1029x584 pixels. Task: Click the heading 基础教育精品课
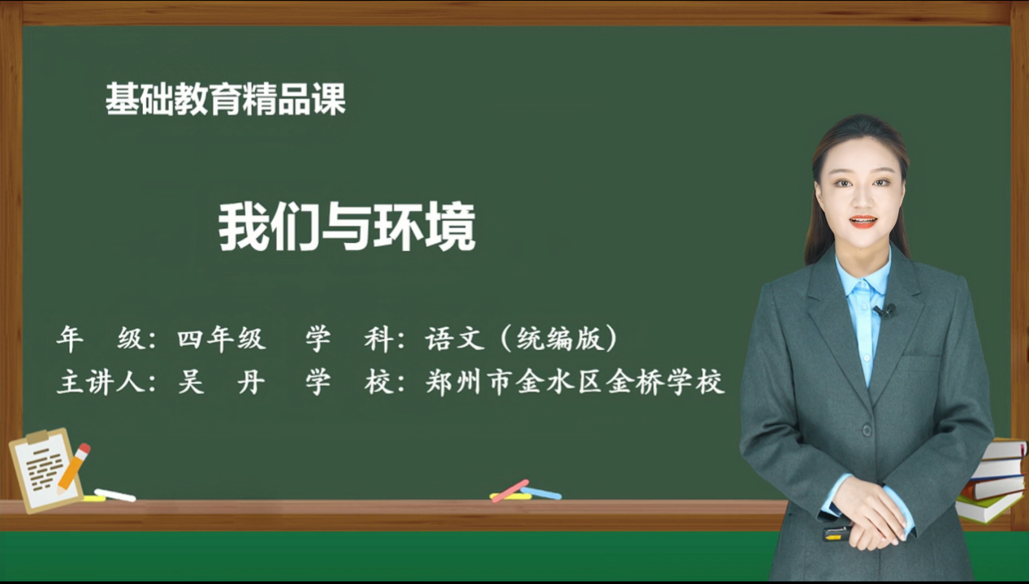[x=226, y=99]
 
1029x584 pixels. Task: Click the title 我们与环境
[x=347, y=227]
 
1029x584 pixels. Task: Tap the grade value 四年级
[x=222, y=339]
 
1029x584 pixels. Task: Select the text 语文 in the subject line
[x=454, y=339]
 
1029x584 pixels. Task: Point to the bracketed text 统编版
[x=559, y=339]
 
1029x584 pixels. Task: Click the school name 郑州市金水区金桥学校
[x=575, y=382]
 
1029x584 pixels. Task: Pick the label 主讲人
[x=101, y=382]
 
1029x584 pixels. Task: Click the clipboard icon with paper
[x=46, y=469]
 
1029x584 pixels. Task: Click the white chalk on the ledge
[x=115, y=495]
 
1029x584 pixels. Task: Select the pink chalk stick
[x=510, y=491]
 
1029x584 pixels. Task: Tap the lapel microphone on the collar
[x=885, y=310]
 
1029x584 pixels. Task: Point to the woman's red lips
[x=863, y=222]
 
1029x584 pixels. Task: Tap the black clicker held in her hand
[x=837, y=533]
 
